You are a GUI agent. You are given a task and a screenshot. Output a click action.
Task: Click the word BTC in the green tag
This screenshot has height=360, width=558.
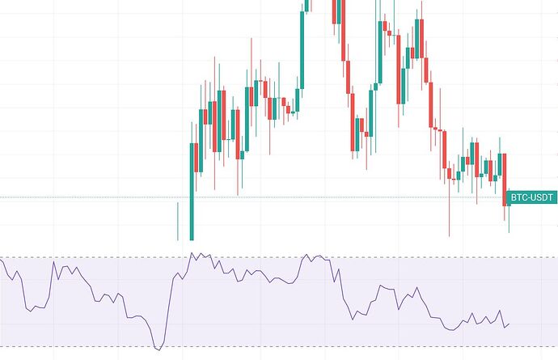point(518,197)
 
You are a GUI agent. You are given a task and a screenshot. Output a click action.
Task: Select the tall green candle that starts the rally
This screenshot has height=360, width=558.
point(192,191)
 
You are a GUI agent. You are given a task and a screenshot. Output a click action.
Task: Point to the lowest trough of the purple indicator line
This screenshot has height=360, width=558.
point(159,349)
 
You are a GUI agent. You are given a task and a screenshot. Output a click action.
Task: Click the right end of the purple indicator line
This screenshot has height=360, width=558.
point(509,324)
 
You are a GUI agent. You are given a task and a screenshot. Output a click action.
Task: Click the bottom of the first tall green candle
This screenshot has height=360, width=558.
point(192,239)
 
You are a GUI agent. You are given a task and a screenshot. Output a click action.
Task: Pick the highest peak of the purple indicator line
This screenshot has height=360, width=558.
point(192,253)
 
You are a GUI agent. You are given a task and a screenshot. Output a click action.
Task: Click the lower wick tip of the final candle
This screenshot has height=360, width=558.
point(509,232)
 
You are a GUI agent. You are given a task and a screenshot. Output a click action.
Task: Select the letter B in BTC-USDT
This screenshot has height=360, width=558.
point(512,197)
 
